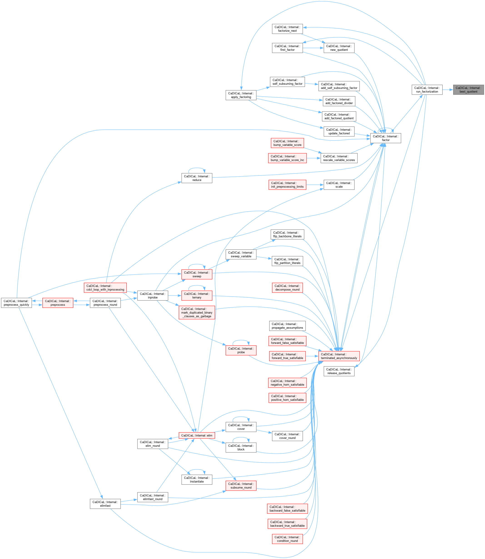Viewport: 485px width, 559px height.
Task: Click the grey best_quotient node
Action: click(468, 90)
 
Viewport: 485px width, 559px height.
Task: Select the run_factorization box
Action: click(427, 90)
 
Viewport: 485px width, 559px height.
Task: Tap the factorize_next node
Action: click(287, 29)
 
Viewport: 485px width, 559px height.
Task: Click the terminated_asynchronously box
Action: click(339, 356)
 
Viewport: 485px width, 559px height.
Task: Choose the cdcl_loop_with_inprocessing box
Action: click(105, 288)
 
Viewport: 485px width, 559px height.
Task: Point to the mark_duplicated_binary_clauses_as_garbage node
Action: click(197, 312)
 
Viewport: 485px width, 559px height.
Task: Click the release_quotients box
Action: click(339, 371)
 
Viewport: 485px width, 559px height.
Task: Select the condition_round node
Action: click(287, 539)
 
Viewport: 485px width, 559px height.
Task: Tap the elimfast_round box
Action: click(153, 497)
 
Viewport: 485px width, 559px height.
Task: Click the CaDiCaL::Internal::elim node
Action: click(197, 435)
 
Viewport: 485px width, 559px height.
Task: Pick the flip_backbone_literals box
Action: click(287, 235)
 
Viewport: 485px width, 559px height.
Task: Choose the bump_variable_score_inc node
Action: click(287, 158)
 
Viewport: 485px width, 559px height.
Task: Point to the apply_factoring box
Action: click(241, 95)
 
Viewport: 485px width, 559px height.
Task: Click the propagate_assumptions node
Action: click(287, 326)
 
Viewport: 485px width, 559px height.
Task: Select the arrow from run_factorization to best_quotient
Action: click(448, 90)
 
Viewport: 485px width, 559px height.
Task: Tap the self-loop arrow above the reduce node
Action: click(197, 168)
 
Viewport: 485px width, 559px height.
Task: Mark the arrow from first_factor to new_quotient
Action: click(313, 48)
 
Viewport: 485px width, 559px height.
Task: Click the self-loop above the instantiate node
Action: click(197, 470)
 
